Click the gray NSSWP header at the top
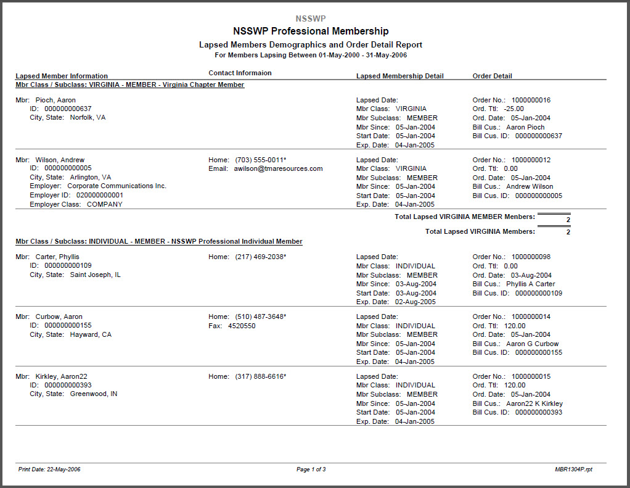311,19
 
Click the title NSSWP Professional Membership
311,31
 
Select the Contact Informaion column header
240,73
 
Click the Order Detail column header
492,76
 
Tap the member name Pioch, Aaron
55,100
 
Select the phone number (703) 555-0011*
261,160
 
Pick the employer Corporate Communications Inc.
117,186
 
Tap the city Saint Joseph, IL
95,275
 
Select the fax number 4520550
242,326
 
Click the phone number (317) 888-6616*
261,376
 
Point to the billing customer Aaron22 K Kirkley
534,403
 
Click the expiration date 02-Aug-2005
415,302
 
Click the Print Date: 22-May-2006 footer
49,469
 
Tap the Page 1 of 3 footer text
311,469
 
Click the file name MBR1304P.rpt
574,469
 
